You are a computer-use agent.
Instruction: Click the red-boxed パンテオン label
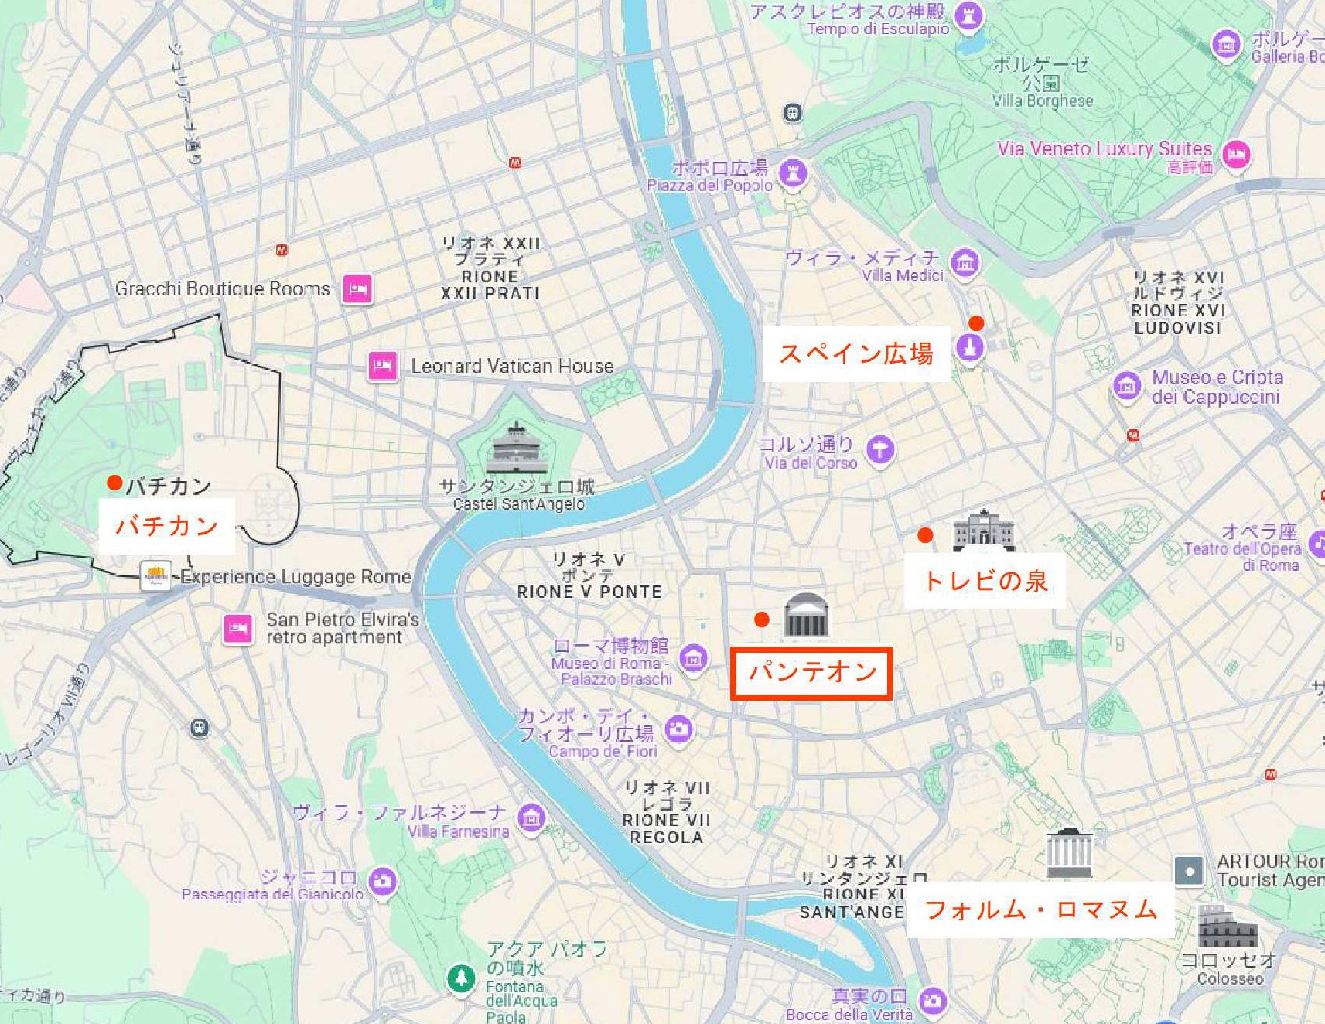811,673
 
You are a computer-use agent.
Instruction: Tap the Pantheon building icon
806,616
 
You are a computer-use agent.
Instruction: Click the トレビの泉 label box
985,581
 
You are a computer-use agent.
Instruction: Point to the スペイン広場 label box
855,354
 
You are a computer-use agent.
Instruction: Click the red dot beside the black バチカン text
114,483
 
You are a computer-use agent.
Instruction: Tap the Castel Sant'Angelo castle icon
516,448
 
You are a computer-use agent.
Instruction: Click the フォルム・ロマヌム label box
1040,910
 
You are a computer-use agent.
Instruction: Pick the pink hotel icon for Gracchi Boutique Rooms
357,288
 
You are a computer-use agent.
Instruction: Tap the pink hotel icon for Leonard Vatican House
383,365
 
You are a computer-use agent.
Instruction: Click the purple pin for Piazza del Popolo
792,172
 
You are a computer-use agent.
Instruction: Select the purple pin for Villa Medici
964,263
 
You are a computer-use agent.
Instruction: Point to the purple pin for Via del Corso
879,449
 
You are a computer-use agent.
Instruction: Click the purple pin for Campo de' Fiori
679,729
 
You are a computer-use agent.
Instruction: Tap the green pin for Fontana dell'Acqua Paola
462,978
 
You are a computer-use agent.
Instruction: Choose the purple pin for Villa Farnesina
531,817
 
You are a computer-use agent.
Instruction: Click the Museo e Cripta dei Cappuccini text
1217,387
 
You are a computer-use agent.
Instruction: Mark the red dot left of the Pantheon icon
762,620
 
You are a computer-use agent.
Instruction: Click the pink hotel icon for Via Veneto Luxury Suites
1236,154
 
